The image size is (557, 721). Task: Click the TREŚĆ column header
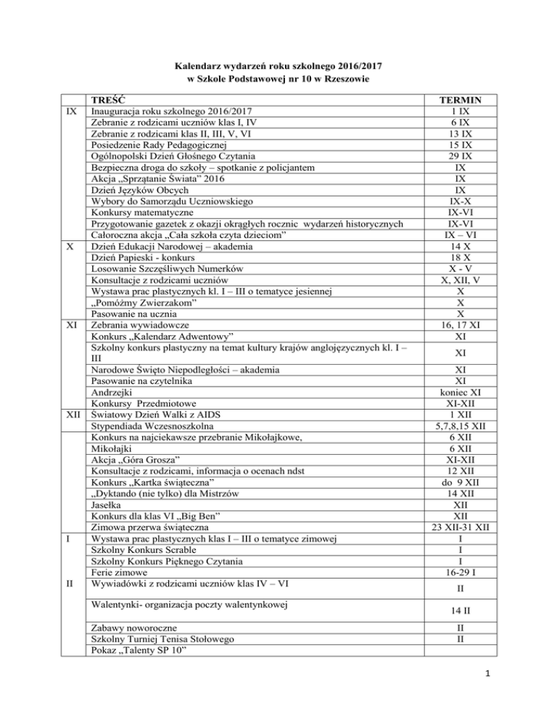click(x=107, y=101)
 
